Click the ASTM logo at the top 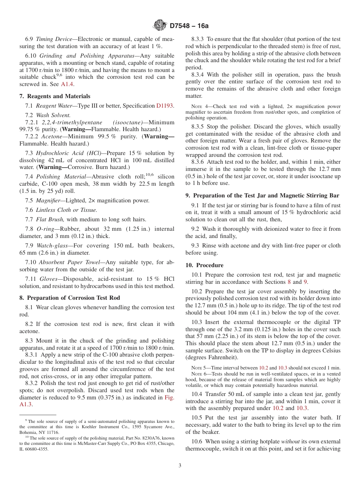pos(160,25)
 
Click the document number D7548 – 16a pos(189,26)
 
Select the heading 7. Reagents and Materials pos(55,96)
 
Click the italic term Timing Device pos(57,39)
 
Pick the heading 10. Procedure pos(204,265)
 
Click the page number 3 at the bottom pos(180,466)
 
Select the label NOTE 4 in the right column pos(198,107)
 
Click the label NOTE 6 pos(198,374)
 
